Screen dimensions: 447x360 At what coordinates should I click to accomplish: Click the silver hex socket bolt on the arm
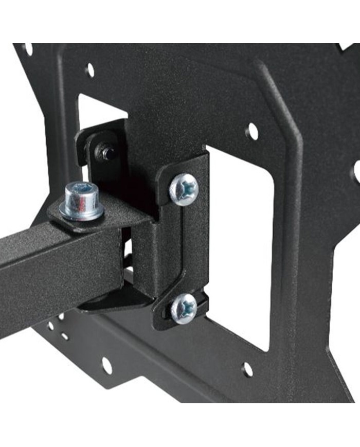pyautogui.click(x=82, y=201)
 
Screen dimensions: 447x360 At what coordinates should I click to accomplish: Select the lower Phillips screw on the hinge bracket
pyautogui.click(x=184, y=309)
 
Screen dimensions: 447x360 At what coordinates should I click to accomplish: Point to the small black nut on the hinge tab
pyautogui.click(x=107, y=153)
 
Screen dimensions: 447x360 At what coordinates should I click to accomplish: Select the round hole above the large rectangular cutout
pyautogui.click(x=252, y=132)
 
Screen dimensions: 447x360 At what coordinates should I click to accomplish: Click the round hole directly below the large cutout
pyautogui.click(x=247, y=369)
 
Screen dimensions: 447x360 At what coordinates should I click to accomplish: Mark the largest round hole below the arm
pyautogui.click(x=106, y=365)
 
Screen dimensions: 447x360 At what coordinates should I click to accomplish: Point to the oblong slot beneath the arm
pyautogui.click(x=65, y=337)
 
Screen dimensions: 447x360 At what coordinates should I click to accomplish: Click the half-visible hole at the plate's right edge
pyautogui.click(x=356, y=171)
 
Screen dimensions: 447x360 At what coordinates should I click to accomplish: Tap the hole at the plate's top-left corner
pyautogui.click(x=27, y=49)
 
